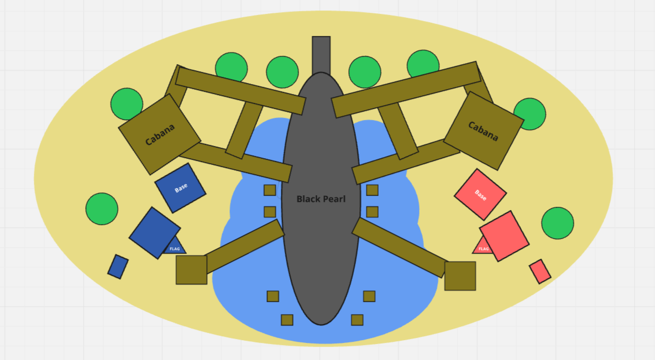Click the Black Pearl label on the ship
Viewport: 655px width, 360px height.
pyautogui.click(x=321, y=199)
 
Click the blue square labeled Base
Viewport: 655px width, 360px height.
pyautogui.click(x=180, y=188)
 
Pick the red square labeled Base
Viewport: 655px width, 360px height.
pyautogui.click(x=480, y=194)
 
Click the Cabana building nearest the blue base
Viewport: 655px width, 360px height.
pyautogui.click(x=160, y=134)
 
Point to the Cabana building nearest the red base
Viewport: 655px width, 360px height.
pyautogui.click(x=484, y=131)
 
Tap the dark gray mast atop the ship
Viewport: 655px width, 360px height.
pyautogui.click(x=321, y=54)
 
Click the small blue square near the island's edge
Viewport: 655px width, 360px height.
pyautogui.click(x=118, y=267)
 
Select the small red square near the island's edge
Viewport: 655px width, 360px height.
pyautogui.click(x=539, y=272)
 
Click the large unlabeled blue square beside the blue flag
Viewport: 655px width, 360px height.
pyautogui.click(x=155, y=233)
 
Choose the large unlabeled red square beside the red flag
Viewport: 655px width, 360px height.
pyautogui.click(x=504, y=236)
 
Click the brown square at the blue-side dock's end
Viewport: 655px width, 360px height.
pyautogui.click(x=191, y=270)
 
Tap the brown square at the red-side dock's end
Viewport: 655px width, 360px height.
pyautogui.click(x=460, y=276)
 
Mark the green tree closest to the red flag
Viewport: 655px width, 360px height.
pyautogui.click(x=557, y=223)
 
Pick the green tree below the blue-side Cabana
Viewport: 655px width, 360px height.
pyautogui.click(x=102, y=209)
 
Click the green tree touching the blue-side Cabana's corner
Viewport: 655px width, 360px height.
pyautogui.click(x=127, y=103)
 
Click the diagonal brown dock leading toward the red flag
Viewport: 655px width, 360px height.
pyautogui.click(x=400, y=247)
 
